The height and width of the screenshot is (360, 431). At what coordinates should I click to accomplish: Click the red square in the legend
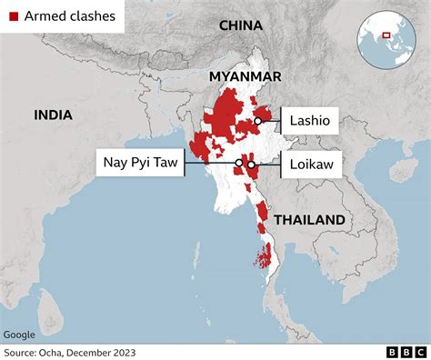point(13,15)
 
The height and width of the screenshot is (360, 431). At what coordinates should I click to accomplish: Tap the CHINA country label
point(242,25)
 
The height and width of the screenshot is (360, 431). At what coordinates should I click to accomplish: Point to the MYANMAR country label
point(245,76)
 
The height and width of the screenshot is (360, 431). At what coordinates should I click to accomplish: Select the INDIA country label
point(54,115)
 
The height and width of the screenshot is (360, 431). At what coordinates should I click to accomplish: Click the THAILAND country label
point(309,219)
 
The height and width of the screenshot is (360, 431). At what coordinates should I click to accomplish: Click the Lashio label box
point(310,120)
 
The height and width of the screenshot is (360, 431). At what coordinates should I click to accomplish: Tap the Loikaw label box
point(311,165)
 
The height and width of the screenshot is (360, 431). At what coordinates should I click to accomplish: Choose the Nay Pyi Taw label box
point(140,164)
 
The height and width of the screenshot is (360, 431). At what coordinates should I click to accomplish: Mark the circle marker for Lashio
point(258,120)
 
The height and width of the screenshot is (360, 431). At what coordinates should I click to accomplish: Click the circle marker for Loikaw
point(251,165)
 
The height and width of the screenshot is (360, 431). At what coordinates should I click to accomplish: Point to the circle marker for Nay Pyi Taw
point(238,164)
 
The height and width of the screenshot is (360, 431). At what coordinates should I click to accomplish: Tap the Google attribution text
point(20,334)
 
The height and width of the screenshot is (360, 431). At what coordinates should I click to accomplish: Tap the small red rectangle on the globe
point(386,35)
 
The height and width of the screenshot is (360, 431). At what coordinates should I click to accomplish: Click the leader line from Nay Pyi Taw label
point(209,164)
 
